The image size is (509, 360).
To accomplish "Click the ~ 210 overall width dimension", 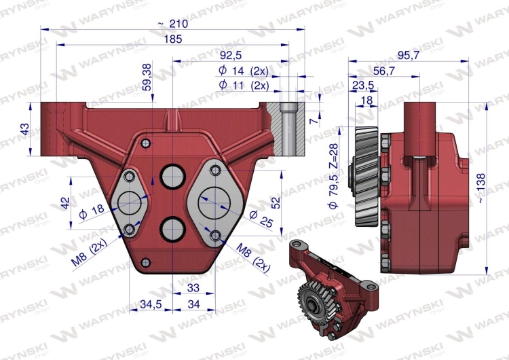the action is coord(173,24).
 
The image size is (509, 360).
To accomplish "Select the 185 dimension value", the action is coord(173,39).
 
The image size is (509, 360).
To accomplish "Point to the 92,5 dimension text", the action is coord(231,55).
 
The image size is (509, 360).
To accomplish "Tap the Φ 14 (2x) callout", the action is coord(244,71).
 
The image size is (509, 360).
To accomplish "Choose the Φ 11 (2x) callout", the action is coord(244,85).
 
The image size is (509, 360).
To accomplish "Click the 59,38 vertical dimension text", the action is coord(147,77).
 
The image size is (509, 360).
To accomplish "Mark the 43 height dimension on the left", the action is coord(25,129).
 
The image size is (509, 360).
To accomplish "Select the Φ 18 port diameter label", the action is coord(92,211).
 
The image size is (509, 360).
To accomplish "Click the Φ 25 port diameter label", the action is coord(261,219).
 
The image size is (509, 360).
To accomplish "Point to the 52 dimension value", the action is coord(276,202).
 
